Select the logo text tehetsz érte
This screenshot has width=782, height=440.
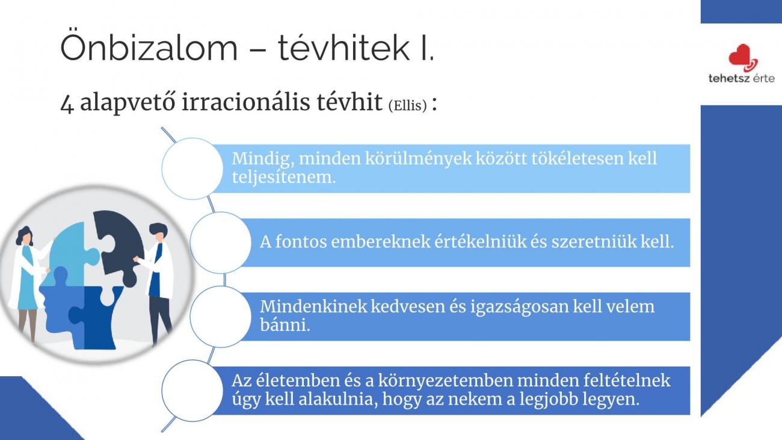coord(742,78)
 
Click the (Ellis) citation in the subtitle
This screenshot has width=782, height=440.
coord(407,105)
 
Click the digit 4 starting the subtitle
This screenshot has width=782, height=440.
coord(67,104)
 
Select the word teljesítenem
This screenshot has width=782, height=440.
coord(283,177)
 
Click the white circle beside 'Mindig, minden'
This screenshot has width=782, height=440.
coord(192,169)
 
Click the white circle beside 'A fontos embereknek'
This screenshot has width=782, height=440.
coord(220,243)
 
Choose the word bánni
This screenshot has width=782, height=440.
coord(285,325)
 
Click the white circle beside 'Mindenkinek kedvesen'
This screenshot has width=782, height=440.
coord(220,317)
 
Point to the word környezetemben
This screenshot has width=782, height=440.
coord(446,381)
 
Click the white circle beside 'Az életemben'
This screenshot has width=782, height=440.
coord(192,391)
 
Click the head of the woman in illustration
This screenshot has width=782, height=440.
coord(25,236)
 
